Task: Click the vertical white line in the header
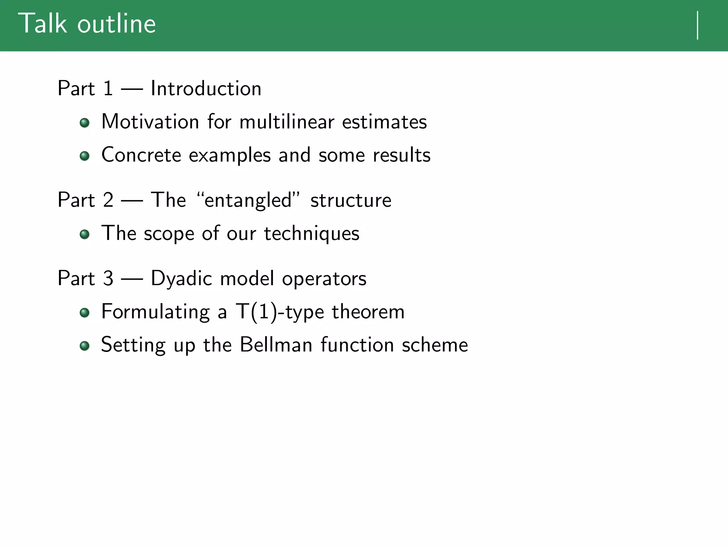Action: point(698,25)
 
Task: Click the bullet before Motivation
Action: point(85,123)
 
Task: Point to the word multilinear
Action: point(287,122)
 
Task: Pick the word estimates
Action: point(384,122)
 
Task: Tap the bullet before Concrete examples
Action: point(85,156)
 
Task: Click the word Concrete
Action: point(141,155)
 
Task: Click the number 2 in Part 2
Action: point(108,200)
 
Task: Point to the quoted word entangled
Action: point(248,200)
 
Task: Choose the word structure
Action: point(351,200)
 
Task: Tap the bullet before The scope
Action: point(85,234)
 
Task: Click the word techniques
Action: point(311,234)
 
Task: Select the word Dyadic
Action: point(181,278)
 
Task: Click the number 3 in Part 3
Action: point(108,278)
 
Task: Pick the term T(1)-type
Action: point(280,312)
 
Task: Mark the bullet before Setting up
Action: point(85,346)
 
